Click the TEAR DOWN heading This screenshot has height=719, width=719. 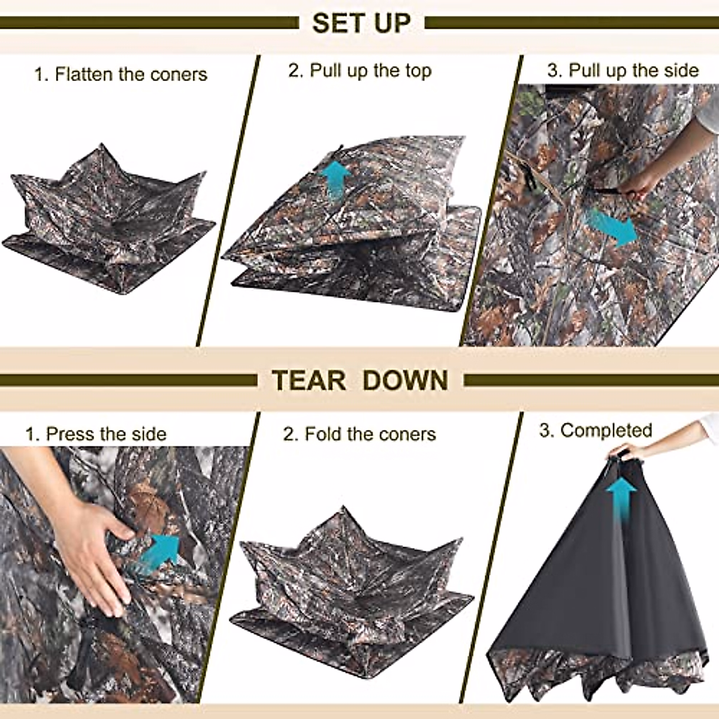(x=359, y=380)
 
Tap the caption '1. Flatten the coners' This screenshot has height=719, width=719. (x=120, y=74)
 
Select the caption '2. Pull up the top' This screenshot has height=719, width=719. (x=359, y=71)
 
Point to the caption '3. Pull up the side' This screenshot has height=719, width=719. (x=623, y=71)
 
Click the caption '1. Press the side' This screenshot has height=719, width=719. (x=96, y=434)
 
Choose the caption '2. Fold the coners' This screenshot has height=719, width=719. (x=359, y=434)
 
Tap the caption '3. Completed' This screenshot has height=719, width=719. (x=596, y=430)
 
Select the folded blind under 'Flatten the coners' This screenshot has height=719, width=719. (x=108, y=222)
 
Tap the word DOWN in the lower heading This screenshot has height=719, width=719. (x=405, y=380)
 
